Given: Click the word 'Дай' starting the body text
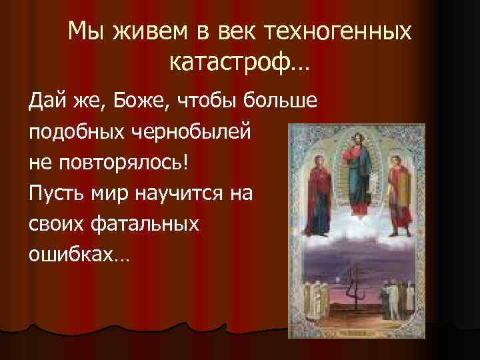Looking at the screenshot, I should pos(45,102).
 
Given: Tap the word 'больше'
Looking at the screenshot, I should pos(283,102).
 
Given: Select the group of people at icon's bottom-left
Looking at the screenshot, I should pos(310,303).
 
